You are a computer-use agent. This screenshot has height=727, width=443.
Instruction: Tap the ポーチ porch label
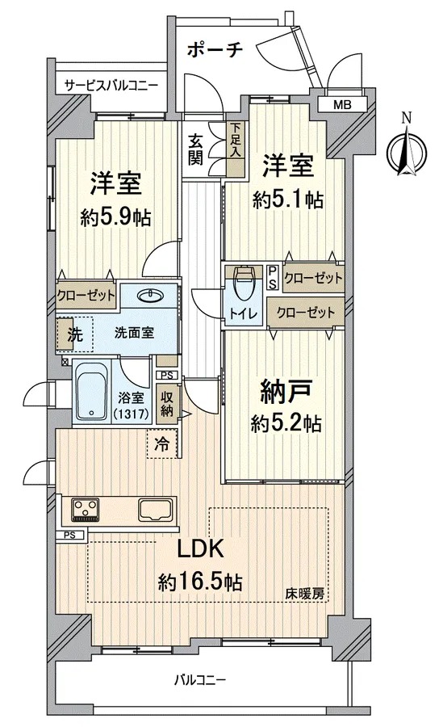[215, 49]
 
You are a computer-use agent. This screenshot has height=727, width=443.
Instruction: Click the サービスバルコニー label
[111, 86]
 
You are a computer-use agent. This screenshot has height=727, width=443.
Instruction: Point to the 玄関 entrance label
[195, 149]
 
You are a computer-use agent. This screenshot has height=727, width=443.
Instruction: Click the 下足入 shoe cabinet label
[236, 139]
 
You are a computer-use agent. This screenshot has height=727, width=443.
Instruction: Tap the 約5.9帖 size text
[115, 216]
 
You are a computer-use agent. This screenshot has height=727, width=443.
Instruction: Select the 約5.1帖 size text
[288, 200]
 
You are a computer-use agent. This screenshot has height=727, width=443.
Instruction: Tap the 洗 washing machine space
[74, 334]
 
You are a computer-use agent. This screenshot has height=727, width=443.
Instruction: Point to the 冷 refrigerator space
[162, 444]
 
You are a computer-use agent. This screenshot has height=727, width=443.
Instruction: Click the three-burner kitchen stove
[85, 509]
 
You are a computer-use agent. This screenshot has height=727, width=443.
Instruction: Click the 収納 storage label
[166, 403]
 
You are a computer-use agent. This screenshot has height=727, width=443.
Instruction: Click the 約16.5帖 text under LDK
[200, 582]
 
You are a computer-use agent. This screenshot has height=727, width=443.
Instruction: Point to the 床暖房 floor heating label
[304, 594]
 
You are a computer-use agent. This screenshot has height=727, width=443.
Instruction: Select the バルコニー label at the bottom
[200, 680]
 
